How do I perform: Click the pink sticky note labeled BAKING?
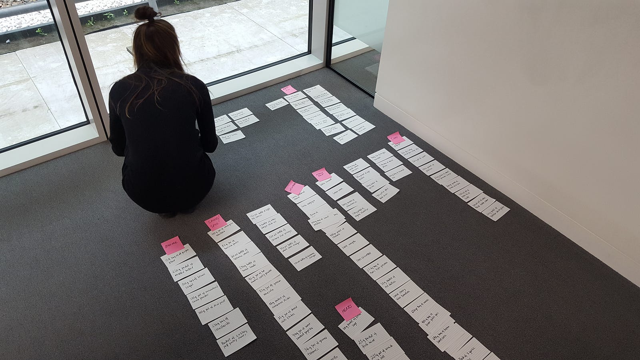173,245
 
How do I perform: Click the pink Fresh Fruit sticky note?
321,174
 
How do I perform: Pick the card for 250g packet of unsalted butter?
187,267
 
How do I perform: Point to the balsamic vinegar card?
305,258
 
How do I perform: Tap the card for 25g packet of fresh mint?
370,335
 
